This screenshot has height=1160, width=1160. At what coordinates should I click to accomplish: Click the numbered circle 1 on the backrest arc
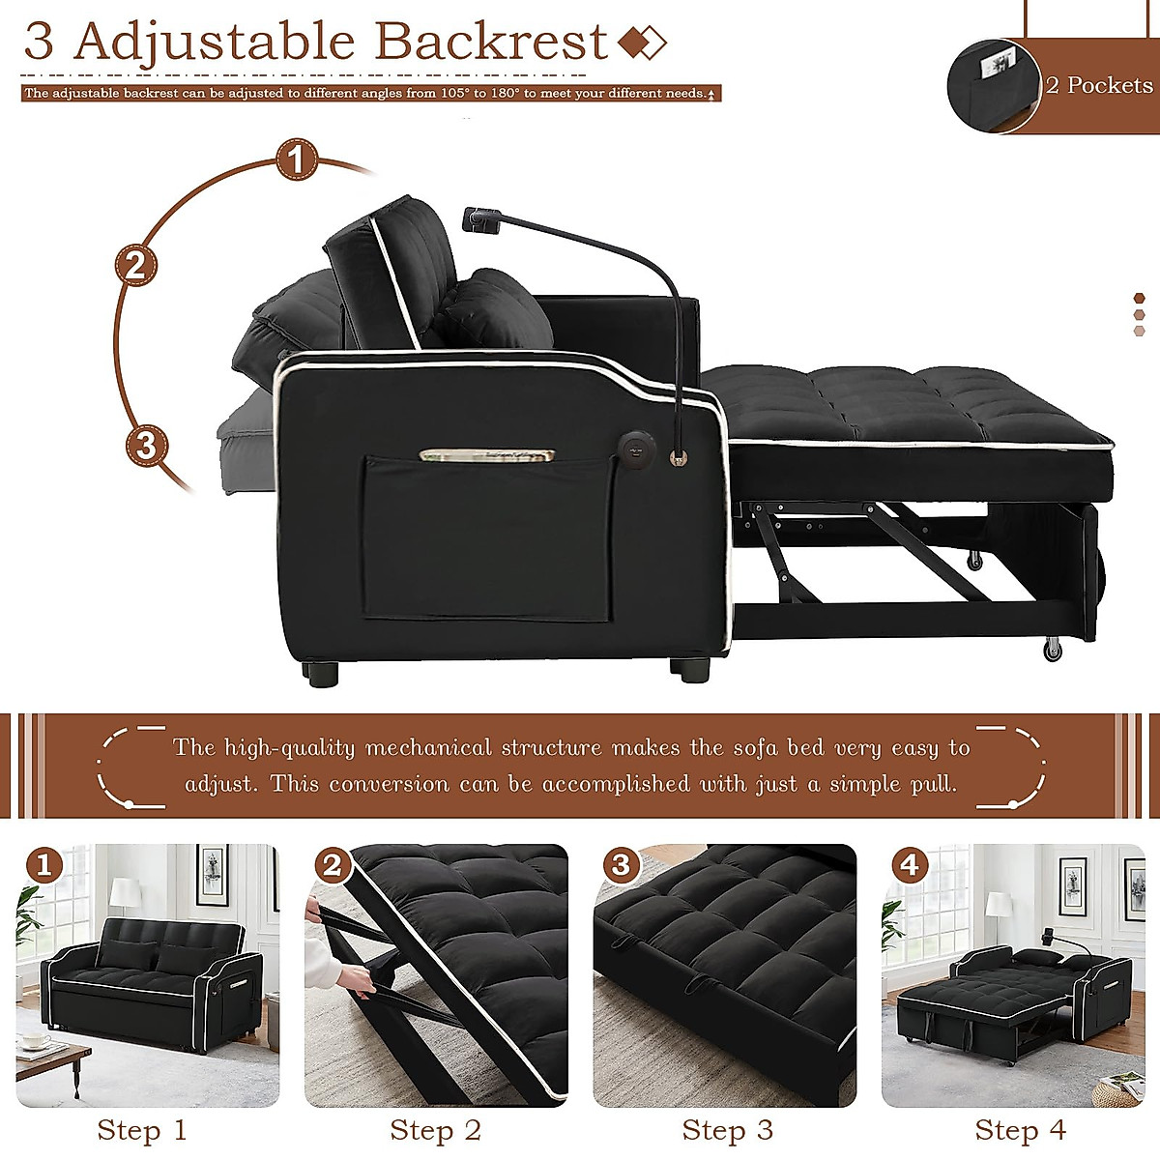[297, 159]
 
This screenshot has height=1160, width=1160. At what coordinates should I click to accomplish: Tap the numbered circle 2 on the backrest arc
[135, 264]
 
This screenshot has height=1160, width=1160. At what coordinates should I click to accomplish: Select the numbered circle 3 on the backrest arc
[146, 446]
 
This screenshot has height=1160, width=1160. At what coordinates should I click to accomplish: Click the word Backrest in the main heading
[491, 42]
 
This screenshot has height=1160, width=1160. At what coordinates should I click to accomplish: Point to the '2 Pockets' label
[1099, 85]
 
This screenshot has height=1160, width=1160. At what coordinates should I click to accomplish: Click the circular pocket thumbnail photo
[993, 85]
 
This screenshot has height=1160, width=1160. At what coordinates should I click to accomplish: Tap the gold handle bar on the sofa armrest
[486, 454]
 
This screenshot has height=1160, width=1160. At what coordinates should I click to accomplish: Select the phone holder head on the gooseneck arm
[477, 219]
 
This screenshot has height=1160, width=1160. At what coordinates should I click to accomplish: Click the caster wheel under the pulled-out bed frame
[1052, 650]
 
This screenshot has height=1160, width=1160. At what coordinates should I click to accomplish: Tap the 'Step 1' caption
[142, 1129]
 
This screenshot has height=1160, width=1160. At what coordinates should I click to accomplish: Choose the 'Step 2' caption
[435, 1129]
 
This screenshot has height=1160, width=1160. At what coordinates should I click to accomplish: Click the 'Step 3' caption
[727, 1129]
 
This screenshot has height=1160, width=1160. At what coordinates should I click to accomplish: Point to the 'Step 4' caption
[1020, 1129]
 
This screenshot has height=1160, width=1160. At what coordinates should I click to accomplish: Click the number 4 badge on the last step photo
[910, 864]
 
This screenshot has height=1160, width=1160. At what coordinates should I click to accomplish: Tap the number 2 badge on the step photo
[333, 864]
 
